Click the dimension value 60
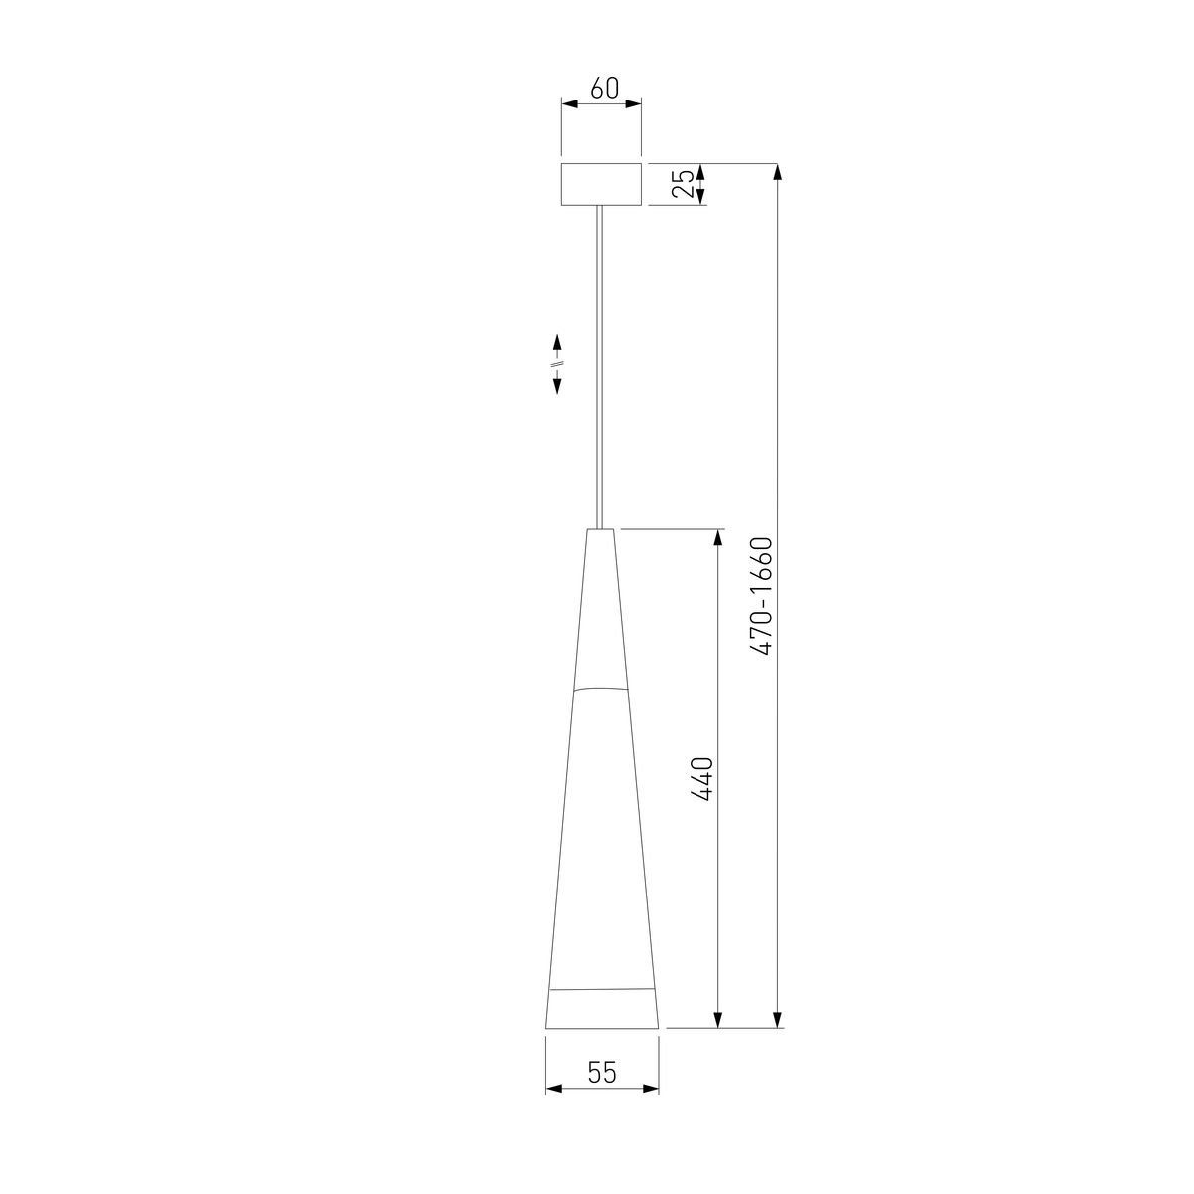(604, 89)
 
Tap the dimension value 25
(684, 184)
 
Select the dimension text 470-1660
(761, 597)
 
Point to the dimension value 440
(702, 779)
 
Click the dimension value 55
(602, 1072)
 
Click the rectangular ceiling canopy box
(600, 184)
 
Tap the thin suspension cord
(599, 367)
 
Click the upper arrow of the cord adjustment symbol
(557, 343)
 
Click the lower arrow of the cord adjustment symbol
(557, 384)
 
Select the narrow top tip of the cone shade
(600, 531)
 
